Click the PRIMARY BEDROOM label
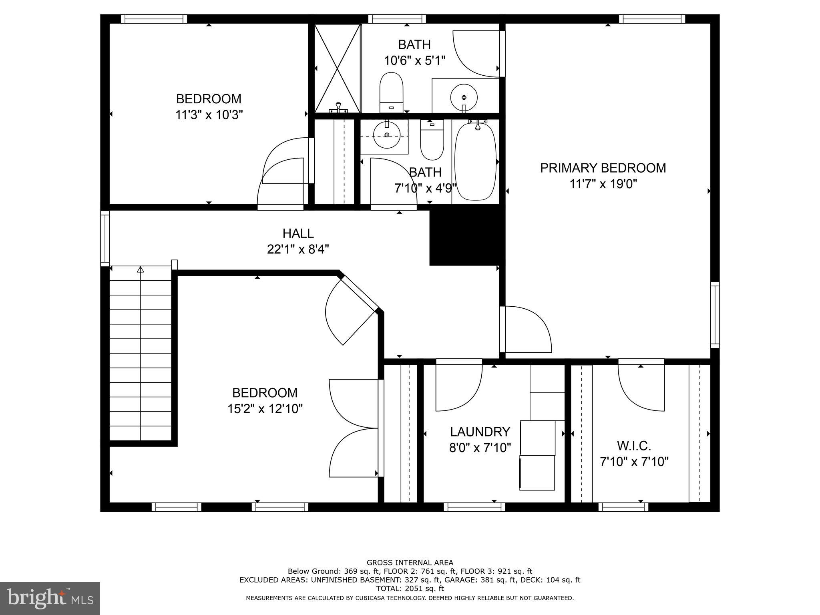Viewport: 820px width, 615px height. [603, 168]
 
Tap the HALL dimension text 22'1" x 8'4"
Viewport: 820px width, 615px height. [298, 250]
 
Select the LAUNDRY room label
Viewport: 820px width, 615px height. [480, 432]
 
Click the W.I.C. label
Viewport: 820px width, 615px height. [634, 446]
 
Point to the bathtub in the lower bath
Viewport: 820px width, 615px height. [475, 161]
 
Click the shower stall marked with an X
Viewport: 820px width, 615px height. [338, 68]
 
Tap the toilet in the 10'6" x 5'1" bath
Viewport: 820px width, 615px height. [391, 91]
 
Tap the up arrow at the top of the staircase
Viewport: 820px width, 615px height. [140, 270]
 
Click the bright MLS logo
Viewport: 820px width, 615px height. [50, 598]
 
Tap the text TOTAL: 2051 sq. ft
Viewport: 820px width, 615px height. [410, 589]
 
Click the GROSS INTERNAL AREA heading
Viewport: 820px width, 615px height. [410, 563]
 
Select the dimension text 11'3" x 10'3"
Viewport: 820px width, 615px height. [209, 115]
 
